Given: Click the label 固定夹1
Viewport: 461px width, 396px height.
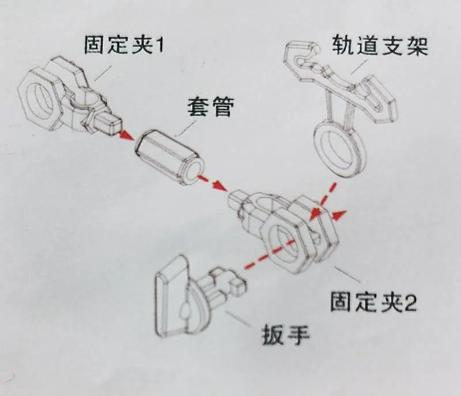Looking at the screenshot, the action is click(x=124, y=45).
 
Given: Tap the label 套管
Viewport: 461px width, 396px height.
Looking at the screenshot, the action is click(x=211, y=106).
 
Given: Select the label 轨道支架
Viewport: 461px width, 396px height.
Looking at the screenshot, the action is click(x=380, y=46).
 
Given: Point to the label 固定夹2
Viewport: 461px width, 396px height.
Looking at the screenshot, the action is click(x=373, y=302).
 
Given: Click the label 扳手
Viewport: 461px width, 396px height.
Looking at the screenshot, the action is click(x=286, y=334).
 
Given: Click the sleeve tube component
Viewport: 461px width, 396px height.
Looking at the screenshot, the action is click(x=169, y=158).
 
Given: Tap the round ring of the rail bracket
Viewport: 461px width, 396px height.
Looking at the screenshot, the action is click(x=339, y=148).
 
